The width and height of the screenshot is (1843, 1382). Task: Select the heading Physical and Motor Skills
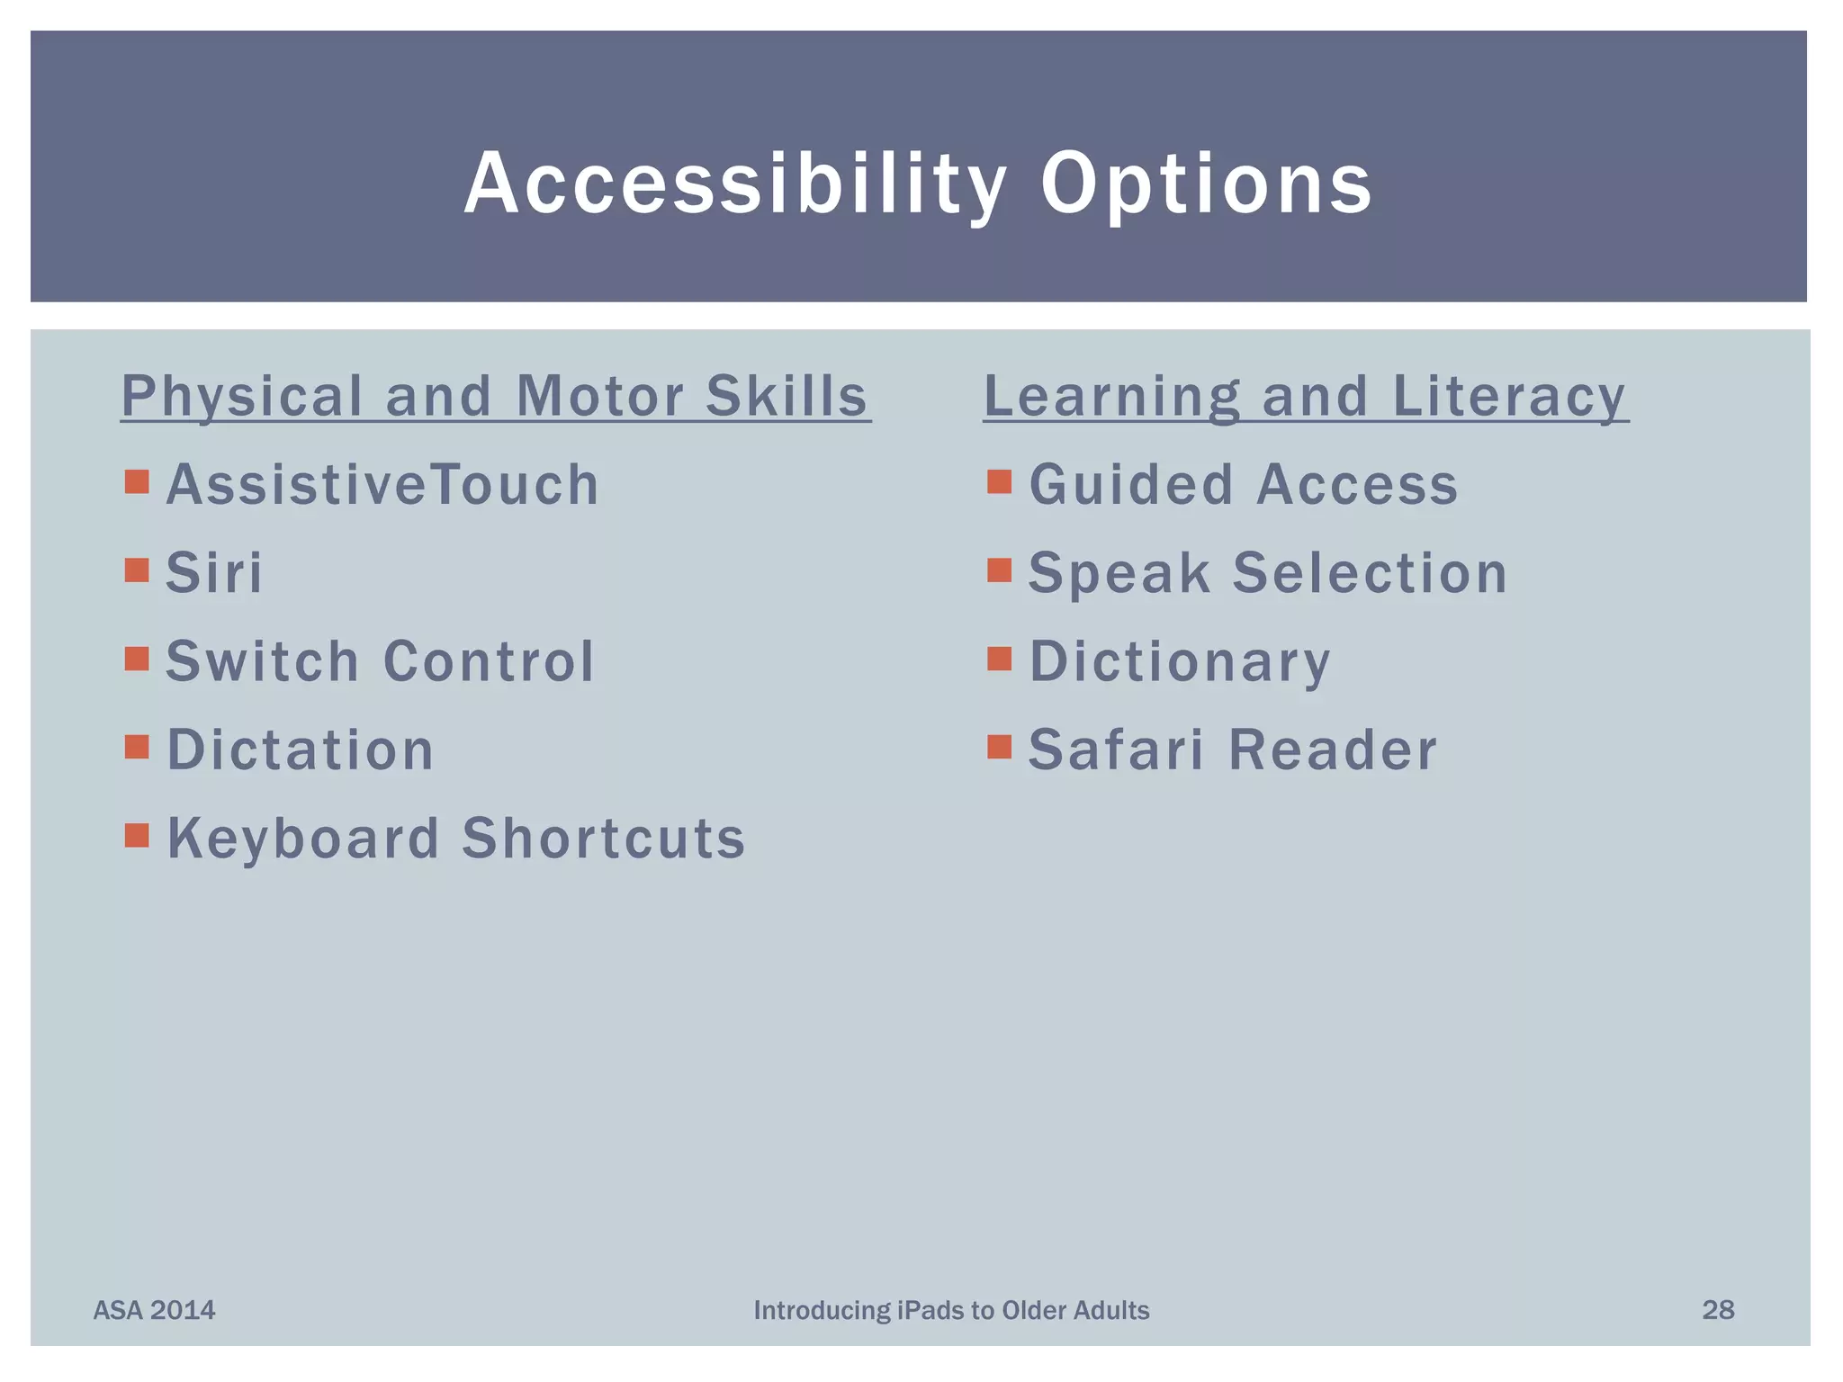[495, 396]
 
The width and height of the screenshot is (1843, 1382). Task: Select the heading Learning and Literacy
[1305, 396]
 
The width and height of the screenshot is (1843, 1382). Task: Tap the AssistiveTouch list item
[382, 485]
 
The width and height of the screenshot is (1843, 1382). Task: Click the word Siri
[214, 573]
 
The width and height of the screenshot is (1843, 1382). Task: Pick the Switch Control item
[380, 661]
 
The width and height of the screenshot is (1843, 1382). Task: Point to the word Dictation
[301, 749]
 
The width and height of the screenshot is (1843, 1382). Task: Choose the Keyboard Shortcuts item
[456, 839]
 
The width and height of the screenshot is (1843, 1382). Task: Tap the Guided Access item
[1243, 485]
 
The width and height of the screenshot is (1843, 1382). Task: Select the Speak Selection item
[1267, 573]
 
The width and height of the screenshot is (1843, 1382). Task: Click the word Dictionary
[1179, 661]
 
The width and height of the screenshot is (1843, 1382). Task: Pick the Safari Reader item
[1233, 749]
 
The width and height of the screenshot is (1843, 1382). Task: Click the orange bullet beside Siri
[137, 570]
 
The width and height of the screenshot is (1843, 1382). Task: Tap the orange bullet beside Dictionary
[999, 660]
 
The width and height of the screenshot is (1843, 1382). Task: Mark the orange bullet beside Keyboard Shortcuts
[137, 836]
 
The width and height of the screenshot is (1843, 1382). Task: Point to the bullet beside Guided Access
[999, 482]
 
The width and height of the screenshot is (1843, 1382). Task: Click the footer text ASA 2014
[155, 1310]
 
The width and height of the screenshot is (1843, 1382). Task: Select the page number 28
[1718, 1310]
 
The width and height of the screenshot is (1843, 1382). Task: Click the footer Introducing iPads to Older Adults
[951, 1310]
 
